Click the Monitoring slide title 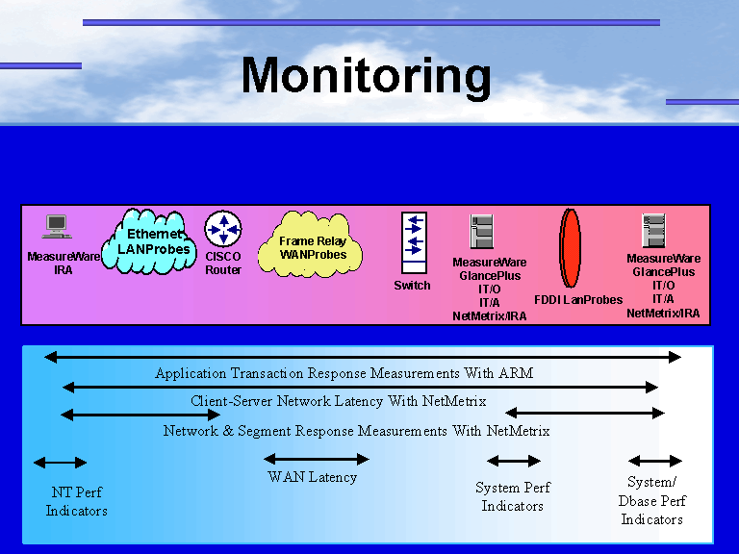366,75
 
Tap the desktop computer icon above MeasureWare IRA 58,227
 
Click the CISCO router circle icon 223,229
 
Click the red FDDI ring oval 571,247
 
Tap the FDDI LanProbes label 578,300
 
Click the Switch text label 413,286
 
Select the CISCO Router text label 223,264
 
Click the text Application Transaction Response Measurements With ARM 344,373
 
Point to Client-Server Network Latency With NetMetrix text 338,401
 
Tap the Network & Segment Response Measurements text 356,431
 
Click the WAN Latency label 312,477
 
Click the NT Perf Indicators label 77,502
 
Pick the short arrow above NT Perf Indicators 60,463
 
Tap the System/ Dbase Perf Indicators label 651,501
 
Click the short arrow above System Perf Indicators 514,461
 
